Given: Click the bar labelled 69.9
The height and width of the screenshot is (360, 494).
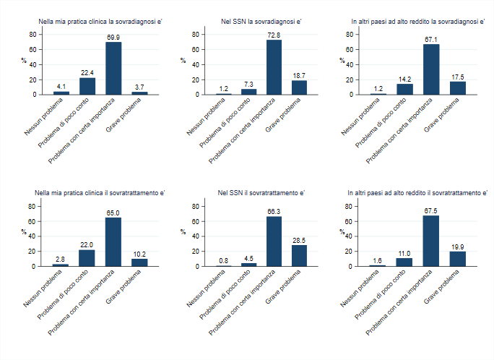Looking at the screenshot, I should [x=113, y=69].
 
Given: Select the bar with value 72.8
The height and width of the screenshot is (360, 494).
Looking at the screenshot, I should [x=274, y=67].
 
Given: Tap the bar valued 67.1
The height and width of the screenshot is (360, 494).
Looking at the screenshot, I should [x=431, y=69].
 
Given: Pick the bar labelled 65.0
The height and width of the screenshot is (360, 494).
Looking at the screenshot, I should [x=113, y=242].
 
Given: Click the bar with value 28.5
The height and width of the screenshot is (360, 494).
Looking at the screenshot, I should [x=299, y=256].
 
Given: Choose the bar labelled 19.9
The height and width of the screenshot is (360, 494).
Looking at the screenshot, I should [x=458, y=259].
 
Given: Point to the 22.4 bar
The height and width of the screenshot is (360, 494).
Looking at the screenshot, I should [x=87, y=86].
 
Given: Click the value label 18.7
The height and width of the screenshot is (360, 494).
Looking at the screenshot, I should [x=299, y=75].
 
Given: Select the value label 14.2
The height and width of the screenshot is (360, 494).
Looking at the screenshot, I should [x=405, y=80].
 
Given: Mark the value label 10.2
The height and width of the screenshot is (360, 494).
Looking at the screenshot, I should [x=139, y=254].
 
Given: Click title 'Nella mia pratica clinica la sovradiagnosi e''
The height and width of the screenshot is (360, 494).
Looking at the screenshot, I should [x=101, y=22].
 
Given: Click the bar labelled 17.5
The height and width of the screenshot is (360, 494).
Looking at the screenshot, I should [x=458, y=88].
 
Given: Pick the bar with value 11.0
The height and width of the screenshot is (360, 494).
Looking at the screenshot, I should [x=405, y=262].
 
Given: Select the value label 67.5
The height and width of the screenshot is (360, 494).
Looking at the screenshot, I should [x=431, y=210].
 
